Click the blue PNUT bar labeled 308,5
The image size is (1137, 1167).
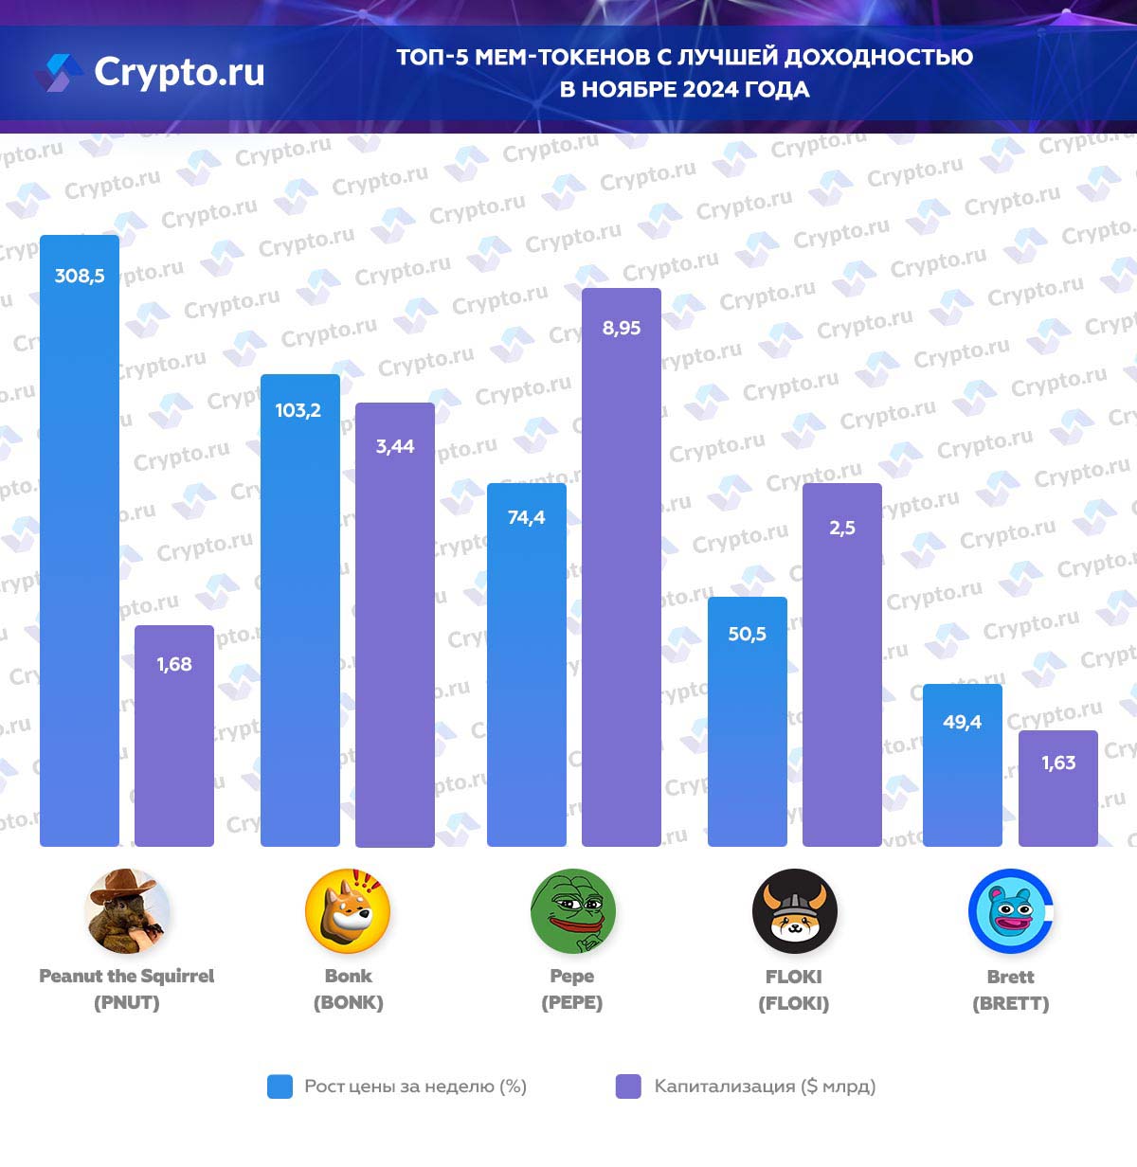coord(80,540)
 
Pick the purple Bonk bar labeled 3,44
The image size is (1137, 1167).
coord(395,624)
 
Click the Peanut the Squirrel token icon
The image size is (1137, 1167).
coord(127,911)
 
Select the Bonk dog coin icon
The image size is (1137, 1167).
coord(348,911)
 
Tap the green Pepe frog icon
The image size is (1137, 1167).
coord(572,911)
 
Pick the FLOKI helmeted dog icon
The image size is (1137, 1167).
coord(794,911)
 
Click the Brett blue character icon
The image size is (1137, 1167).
coord(1010,911)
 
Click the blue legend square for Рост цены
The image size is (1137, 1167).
coord(280,1086)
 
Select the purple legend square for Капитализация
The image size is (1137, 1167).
coord(628,1086)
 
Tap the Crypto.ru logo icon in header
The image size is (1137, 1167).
coord(59,73)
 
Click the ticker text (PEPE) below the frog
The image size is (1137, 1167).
coord(571,1003)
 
